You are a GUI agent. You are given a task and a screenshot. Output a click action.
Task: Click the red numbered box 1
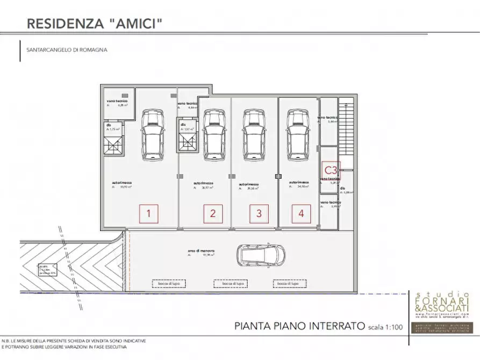[x=149, y=214]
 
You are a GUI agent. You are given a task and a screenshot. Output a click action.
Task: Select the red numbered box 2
[x=213, y=214]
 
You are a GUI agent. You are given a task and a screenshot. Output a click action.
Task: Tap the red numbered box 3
[x=259, y=214]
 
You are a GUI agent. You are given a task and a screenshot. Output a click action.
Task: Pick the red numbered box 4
[x=301, y=214]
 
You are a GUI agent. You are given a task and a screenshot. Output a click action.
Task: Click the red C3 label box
[x=331, y=170]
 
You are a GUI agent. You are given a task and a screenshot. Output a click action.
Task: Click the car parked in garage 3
[x=253, y=134]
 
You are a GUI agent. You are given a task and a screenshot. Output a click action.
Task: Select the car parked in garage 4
[x=297, y=134]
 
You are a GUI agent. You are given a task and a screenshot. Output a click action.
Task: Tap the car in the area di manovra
[x=262, y=254]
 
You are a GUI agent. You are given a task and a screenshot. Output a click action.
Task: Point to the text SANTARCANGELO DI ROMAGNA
[x=67, y=49]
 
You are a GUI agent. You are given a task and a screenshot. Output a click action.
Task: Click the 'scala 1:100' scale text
[x=386, y=326]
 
